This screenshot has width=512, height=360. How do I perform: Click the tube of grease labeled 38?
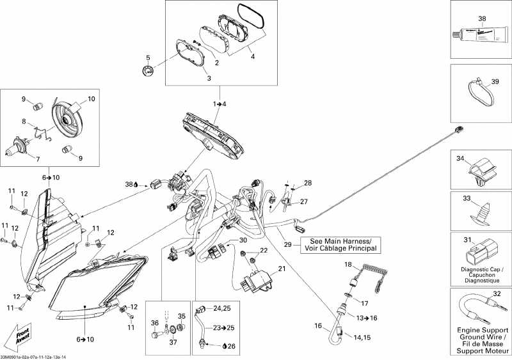pos(477,35)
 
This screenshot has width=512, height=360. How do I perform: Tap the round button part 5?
pos(148,71)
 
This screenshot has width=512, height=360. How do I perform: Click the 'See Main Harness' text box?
pos(339,244)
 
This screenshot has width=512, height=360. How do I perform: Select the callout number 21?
pos(280,269)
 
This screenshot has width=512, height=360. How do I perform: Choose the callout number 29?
pos(287,244)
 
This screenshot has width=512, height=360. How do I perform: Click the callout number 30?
pos(243,240)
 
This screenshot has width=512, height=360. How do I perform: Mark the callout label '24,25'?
pos(221,309)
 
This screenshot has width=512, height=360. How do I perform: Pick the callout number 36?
pos(153,323)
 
